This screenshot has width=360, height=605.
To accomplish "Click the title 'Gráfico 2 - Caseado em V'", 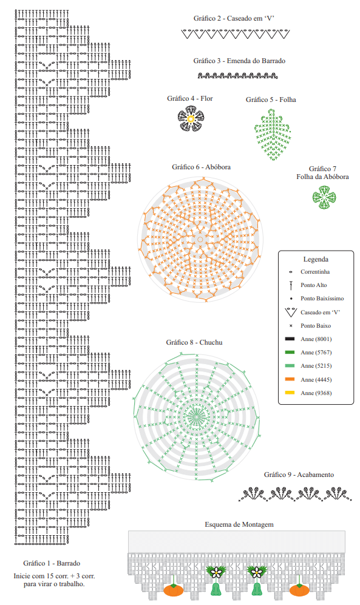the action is point(234,18).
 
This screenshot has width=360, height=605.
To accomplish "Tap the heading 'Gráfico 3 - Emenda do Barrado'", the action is point(239,61).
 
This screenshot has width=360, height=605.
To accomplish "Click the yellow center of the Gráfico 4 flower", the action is point(190,119).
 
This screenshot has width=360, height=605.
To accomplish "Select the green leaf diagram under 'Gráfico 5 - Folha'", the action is point(273,135).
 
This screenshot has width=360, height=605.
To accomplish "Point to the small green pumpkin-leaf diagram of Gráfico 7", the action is point(324,197).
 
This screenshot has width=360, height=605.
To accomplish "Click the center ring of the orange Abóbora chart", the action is point(200,240).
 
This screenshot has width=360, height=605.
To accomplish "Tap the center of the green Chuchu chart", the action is point(197,417).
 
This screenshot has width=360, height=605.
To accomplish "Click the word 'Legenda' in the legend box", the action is point(316,259).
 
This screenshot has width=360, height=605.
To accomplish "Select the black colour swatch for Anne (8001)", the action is point(290,339).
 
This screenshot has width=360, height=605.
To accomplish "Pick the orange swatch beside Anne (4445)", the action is point(290,379).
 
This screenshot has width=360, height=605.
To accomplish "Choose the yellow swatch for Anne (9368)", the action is point(290,393).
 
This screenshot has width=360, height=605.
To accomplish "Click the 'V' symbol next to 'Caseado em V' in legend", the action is point(291,313).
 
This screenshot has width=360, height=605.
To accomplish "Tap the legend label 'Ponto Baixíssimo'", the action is point(322,299).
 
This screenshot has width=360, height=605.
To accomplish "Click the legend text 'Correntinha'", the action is point(315,272).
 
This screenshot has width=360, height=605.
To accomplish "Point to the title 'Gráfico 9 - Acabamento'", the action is point(299,475).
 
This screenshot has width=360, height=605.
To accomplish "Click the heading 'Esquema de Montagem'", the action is point(239,524).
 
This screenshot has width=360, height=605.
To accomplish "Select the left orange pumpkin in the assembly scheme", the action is point(174,590).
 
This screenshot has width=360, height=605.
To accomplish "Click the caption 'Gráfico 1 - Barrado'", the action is point(52,563).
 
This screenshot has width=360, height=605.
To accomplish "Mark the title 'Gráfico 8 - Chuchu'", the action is point(194,342).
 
